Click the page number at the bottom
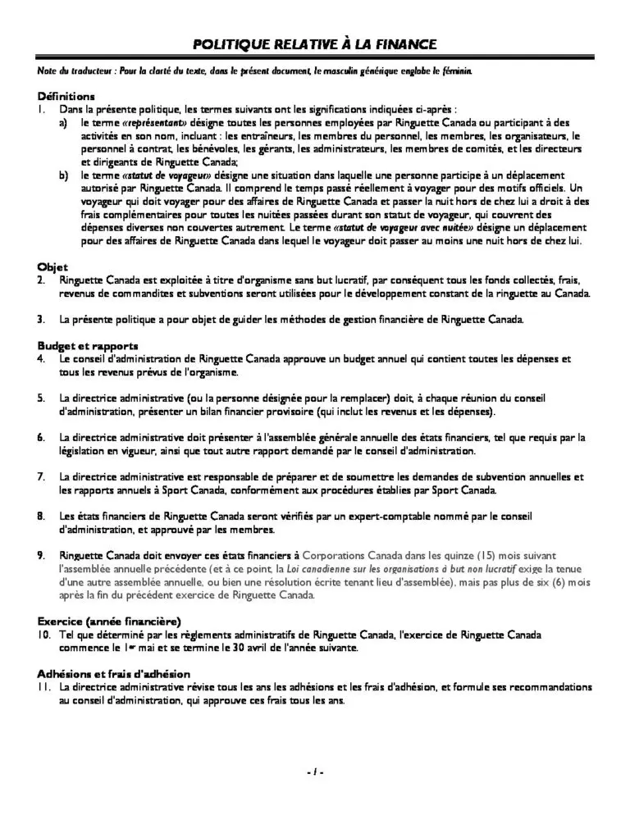click(x=315, y=772)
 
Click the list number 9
click(x=41, y=555)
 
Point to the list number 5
click(x=41, y=398)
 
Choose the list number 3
click(x=41, y=319)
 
